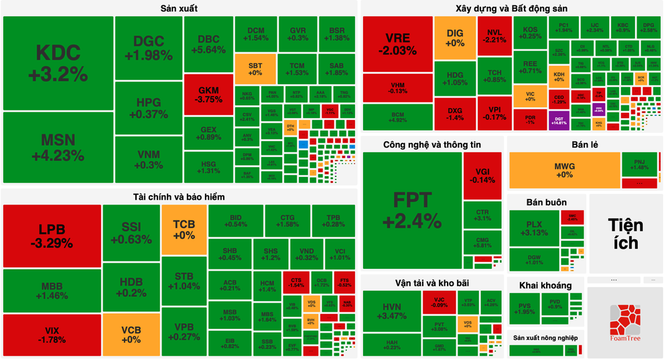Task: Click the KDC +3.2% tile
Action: tap(58, 62)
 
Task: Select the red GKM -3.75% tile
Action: tap(208, 95)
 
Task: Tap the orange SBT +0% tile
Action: tap(255, 68)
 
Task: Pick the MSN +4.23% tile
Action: tap(58, 147)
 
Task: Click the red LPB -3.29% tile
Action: tap(52, 235)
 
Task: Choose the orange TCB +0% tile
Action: tap(184, 230)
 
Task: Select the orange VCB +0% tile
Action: tap(131, 334)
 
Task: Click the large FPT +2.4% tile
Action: tap(412, 210)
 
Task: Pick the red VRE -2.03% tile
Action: tap(397, 44)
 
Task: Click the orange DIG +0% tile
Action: tap(455, 38)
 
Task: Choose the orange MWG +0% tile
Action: tap(564, 170)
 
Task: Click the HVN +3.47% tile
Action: tap(391, 311)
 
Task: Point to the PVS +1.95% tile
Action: tap(524, 308)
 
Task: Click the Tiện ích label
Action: tap(623, 233)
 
